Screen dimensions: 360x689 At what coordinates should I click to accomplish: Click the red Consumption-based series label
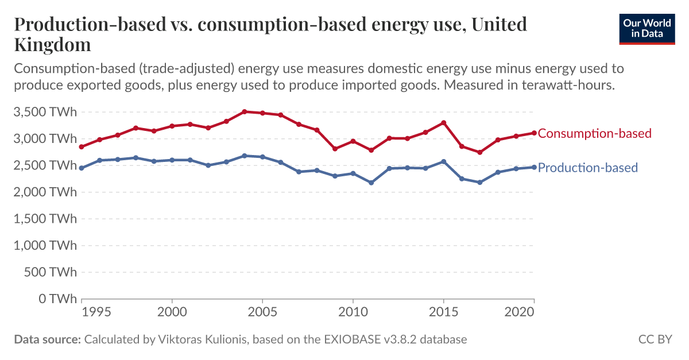pyautogui.click(x=594, y=133)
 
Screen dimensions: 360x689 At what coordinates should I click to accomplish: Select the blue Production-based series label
pyautogui.click(x=587, y=168)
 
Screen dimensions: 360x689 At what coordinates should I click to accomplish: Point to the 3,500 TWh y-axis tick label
pyautogui.click(x=45, y=112)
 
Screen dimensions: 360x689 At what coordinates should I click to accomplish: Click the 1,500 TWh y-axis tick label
pyautogui.click(x=45, y=219)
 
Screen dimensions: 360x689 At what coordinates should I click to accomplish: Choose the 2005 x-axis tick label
pyautogui.click(x=262, y=312)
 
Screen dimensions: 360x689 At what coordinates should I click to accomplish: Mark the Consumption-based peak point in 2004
pyautogui.click(x=244, y=111)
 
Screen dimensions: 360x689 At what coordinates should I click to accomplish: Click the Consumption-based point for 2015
pyautogui.click(x=443, y=123)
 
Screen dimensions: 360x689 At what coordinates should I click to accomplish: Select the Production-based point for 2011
pyautogui.click(x=371, y=183)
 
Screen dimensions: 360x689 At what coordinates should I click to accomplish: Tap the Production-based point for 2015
pyautogui.click(x=443, y=161)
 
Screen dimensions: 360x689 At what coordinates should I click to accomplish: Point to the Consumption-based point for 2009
pyautogui.click(x=335, y=149)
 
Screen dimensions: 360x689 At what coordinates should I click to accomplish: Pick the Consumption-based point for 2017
pyautogui.click(x=479, y=152)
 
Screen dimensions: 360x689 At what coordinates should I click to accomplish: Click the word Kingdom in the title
pyautogui.click(x=52, y=44)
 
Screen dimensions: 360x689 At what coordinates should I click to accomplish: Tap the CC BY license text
pyautogui.click(x=655, y=339)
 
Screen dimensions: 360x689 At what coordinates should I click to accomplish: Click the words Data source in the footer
pyautogui.click(x=47, y=339)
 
